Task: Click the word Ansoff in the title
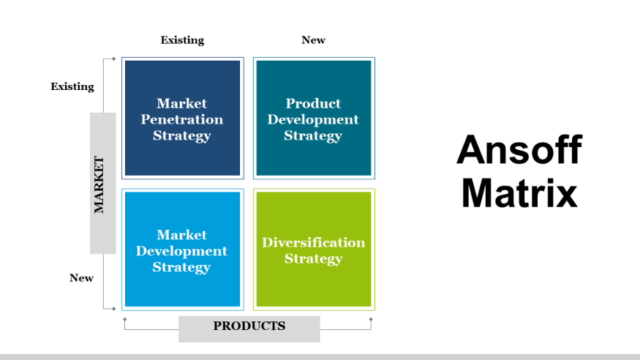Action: coord(519,150)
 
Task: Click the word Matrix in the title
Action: coord(519,193)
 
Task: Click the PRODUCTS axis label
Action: coord(249,326)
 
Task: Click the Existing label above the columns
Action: coord(182,40)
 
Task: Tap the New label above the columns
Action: coord(313,40)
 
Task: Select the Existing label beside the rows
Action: coord(72,86)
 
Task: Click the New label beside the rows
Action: coord(81,278)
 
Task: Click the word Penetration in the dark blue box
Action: coord(182,119)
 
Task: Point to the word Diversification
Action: coord(313,243)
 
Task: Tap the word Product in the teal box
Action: coord(313,104)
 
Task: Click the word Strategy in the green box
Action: coord(313,259)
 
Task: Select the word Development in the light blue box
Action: coord(182,251)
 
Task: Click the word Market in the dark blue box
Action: coord(182,104)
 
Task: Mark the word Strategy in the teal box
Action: coord(313,135)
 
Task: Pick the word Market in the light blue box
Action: coord(182,235)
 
